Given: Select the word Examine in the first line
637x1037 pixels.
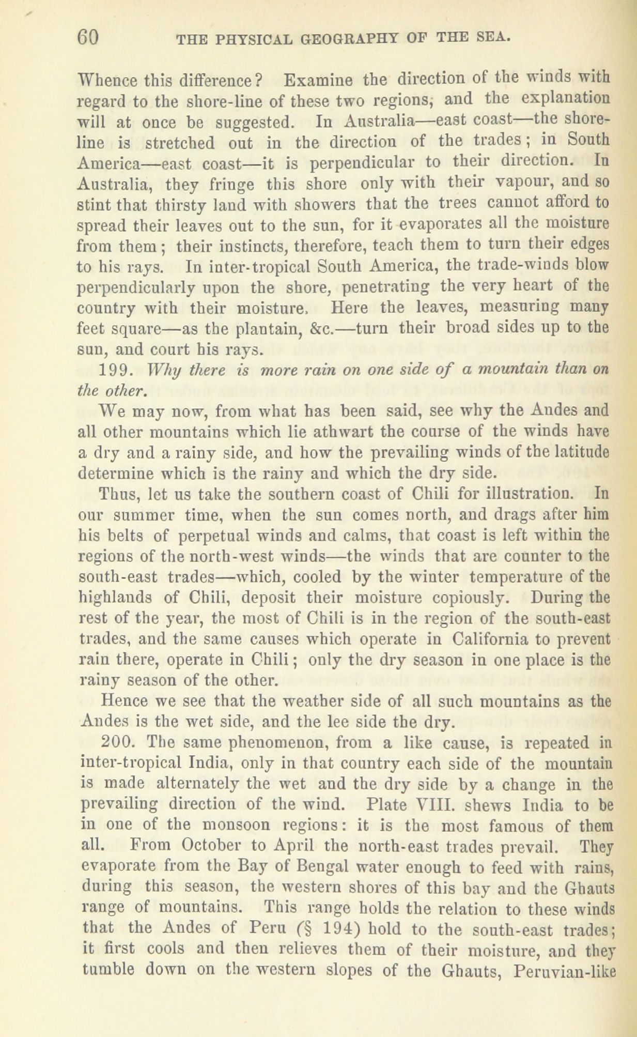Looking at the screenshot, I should coord(314,81).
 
